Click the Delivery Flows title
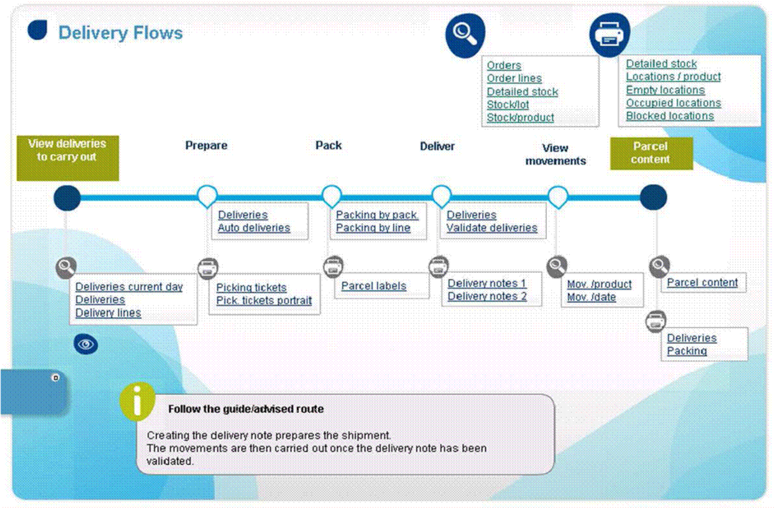(x=120, y=33)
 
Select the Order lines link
(x=514, y=78)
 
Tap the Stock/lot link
(x=508, y=104)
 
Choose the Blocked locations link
(x=670, y=116)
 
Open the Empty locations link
(x=665, y=90)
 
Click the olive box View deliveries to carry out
(x=67, y=158)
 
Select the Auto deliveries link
(x=254, y=228)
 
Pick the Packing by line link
(x=373, y=228)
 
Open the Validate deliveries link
(x=492, y=228)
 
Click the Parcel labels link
(x=373, y=286)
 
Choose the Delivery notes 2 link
(x=487, y=296)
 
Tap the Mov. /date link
(x=591, y=297)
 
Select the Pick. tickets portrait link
(x=264, y=300)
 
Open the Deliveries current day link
(x=129, y=287)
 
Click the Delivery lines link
(x=108, y=313)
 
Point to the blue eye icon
(x=86, y=344)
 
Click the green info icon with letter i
(x=137, y=401)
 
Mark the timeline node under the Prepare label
(x=207, y=196)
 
